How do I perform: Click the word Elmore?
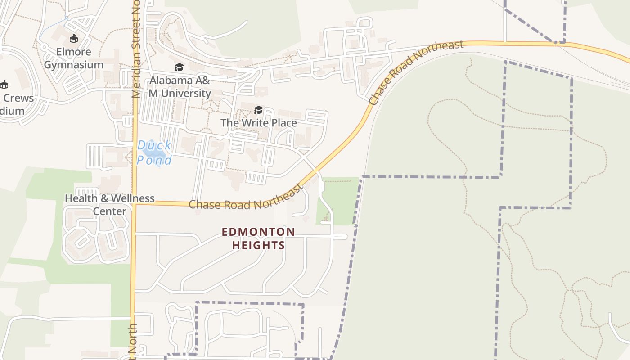pyautogui.click(x=73, y=52)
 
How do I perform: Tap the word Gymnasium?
pyautogui.click(x=73, y=65)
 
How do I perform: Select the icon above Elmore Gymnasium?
pyautogui.click(x=73, y=39)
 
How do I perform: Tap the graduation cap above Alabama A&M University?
pyautogui.click(x=180, y=67)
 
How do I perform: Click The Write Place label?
pyautogui.click(x=258, y=123)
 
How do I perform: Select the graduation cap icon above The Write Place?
pyautogui.click(x=258, y=110)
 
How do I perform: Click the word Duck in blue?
pyautogui.click(x=154, y=145)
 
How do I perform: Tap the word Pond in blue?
pyautogui.click(x=154, y=161)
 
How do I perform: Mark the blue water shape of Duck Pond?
pyautogui.click(x=153, y=153)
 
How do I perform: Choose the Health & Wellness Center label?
pyautogui.click(x=110, y=205)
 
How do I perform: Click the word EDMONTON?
pyautogui.click(x=258, y=232)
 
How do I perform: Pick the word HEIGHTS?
pyautogui.click(x=258, y=245)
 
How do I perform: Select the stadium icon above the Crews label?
pyautogui.click(x=4, y=84)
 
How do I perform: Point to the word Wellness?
pyautogui.click(x=129, y=198)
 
